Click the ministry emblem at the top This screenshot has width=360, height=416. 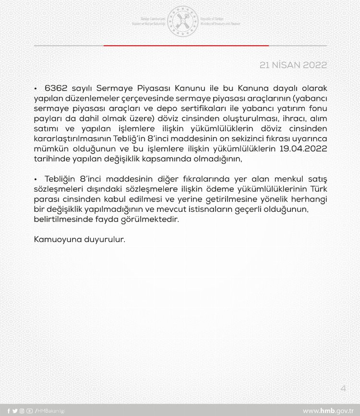point(182,21)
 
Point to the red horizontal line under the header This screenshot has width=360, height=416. point(186,46)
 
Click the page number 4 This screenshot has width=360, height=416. point(343,388)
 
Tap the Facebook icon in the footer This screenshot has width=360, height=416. point(9,411)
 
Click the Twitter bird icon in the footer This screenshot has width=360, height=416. point(15,411)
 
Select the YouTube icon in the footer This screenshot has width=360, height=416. point(30,411)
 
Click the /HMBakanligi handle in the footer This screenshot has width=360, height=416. point(50,411)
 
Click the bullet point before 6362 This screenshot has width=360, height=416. point(36,89)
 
